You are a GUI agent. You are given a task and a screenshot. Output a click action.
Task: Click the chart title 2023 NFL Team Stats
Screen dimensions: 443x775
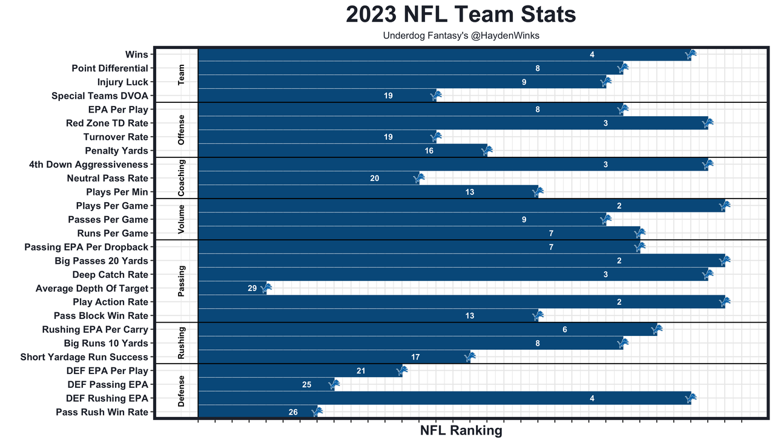[x=461, y=15]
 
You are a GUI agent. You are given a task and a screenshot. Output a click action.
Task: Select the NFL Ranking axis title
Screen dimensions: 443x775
[x=461, y=431]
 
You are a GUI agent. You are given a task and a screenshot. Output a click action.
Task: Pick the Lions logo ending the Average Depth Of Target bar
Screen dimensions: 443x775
[x=266, y=288]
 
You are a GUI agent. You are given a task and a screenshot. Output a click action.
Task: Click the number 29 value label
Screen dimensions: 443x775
[x=252, y=289]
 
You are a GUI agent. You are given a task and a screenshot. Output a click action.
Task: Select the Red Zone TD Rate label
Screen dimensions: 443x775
[x=107, y=123]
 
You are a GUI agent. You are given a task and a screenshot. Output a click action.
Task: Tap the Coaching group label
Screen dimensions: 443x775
[x=182, y=178]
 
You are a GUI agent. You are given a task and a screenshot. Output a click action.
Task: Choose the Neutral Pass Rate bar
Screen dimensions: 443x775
[x=308, y=179]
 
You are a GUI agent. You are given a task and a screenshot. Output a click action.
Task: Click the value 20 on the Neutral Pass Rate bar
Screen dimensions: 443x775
[x=374, y=179]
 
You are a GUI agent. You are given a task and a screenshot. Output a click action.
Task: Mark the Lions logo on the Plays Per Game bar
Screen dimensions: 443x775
[x=725, y=206]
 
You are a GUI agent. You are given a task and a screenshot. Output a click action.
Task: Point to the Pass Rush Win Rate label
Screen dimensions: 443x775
[x=102, y=412]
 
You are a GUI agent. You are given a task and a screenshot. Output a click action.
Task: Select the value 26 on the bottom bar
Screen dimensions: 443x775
[x=293, y=412]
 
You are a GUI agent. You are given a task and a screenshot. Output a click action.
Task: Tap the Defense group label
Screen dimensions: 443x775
[x=182, y=391]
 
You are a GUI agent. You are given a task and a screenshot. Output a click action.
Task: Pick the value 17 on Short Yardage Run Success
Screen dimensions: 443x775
[x=415, y=357]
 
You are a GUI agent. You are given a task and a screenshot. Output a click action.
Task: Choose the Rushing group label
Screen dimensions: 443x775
[x=182, y=343]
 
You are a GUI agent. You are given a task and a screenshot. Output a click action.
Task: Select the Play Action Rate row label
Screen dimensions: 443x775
[x=110, y=302]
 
